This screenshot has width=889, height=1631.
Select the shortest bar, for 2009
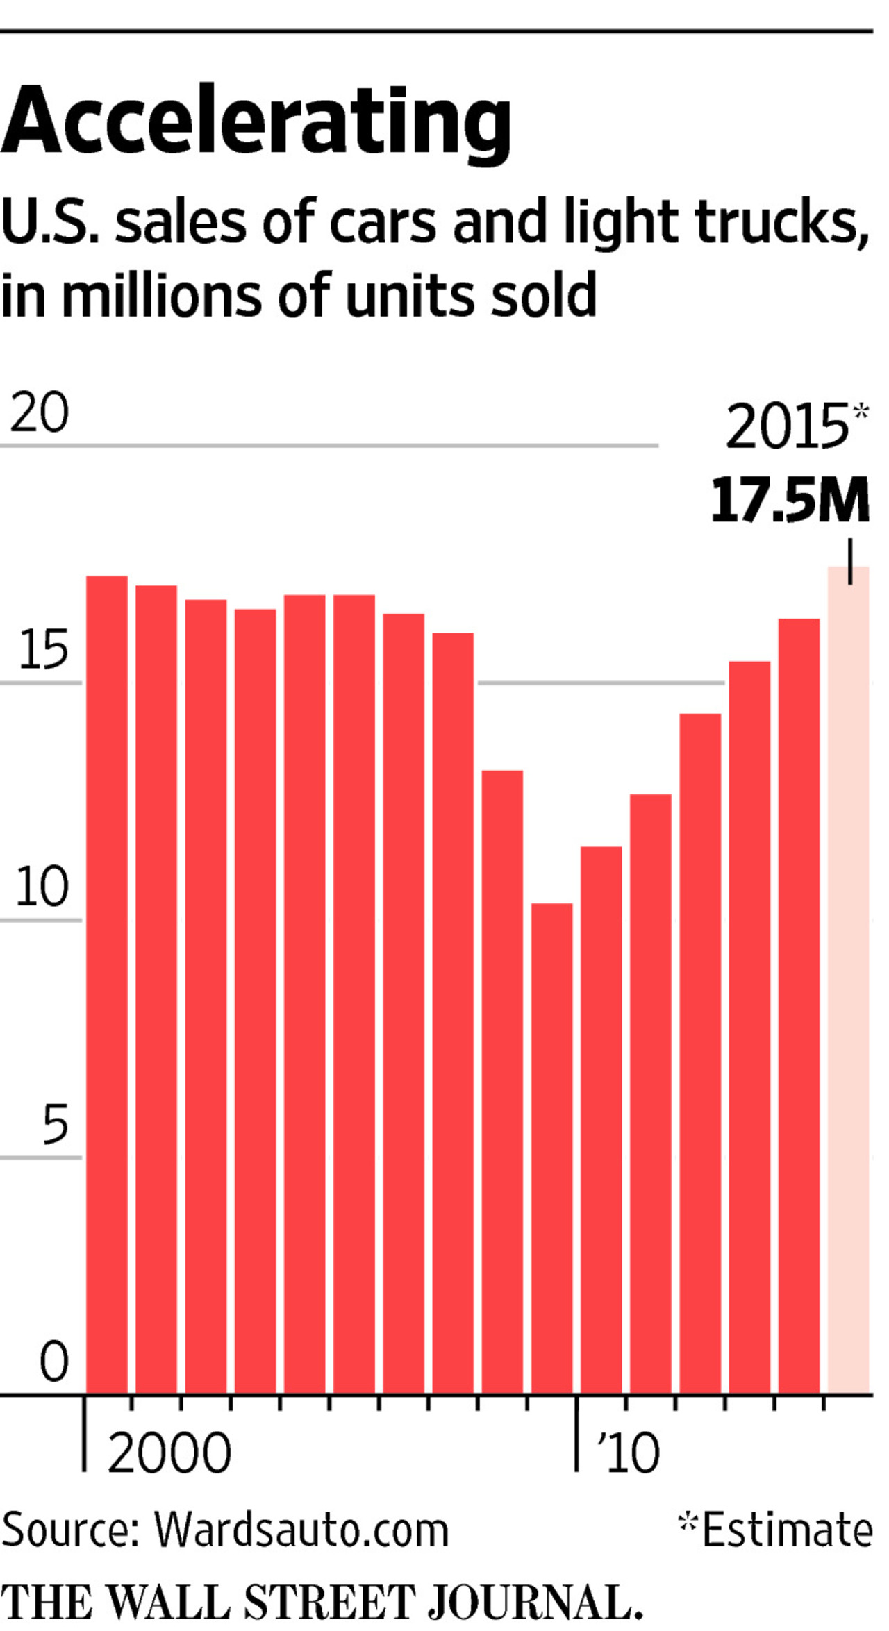tap(551, 1146)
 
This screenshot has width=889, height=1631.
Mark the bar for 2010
tap(601, 1118)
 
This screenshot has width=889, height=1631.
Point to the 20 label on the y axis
tap(40, 412)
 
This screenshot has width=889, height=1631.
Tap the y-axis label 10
tap(42, 887)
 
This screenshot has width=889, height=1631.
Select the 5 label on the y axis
tap(56, 1125)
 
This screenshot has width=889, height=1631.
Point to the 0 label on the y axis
tap(54, 1362)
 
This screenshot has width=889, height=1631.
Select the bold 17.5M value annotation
tap(790, 501)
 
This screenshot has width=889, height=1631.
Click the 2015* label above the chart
tap(796, 426)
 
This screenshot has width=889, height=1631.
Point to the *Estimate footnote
tap(775, 1529)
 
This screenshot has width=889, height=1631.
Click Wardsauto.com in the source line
tap(301, 1529)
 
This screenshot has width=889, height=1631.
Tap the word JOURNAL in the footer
tap(533, 1601)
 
